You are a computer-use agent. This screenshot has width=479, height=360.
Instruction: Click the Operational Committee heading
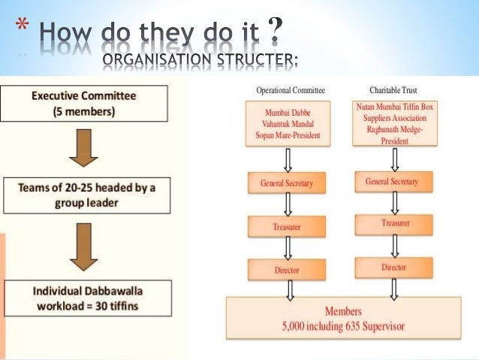pos(291,90)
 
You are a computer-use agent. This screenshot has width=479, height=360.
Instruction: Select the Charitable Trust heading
pos(394,90)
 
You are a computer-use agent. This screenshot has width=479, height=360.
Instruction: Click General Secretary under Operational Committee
pos(287,183)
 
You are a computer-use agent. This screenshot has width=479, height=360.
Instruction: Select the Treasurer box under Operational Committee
pos(287,226)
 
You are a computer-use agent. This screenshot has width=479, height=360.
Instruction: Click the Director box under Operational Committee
pos(287,269)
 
